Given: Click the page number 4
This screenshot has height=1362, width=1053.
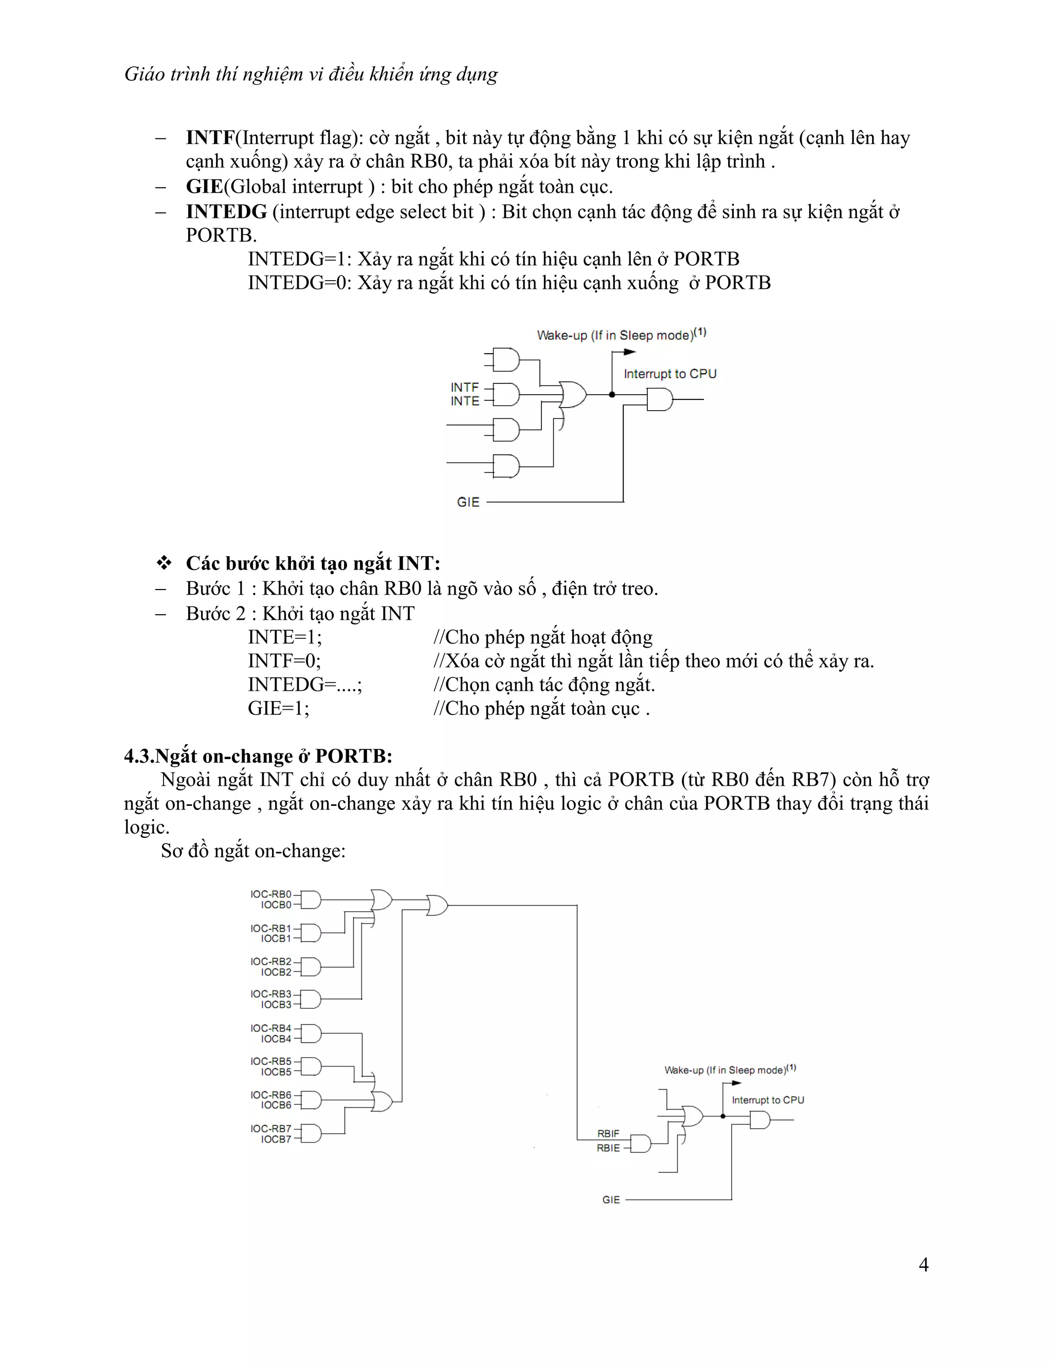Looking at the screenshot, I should point(923,1265).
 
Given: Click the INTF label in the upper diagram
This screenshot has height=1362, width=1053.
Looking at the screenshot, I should point(465,388).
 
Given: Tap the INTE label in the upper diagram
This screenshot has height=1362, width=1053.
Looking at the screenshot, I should point(465,401).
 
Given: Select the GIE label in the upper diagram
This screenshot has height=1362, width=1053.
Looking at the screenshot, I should point(468,502).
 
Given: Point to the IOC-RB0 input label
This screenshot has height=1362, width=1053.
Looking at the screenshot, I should point(271,894).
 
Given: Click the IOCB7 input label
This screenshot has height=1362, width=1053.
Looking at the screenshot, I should point(276,1139).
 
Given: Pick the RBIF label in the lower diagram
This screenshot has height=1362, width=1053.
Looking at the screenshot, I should point(608,1134).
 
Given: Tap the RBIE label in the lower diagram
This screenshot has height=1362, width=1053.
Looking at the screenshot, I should point(608,1148).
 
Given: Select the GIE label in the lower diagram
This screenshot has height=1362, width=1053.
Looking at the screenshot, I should point(611,1200).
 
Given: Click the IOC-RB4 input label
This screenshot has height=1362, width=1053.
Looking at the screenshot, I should point(271,1028).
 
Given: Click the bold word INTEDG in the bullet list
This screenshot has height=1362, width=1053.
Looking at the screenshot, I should point(226,212).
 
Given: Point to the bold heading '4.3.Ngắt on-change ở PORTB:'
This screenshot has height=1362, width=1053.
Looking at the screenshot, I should point(258,756).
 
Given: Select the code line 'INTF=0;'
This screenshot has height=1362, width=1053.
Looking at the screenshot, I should point(284,661).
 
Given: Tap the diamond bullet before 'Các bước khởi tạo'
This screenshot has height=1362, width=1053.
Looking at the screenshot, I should point(164,563).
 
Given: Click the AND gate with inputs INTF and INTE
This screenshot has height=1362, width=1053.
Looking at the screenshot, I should point(506,394).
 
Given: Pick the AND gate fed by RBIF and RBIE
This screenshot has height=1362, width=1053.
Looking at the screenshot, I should point(641,1144).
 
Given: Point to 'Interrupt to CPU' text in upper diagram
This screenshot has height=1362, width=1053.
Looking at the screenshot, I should point(670,374).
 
